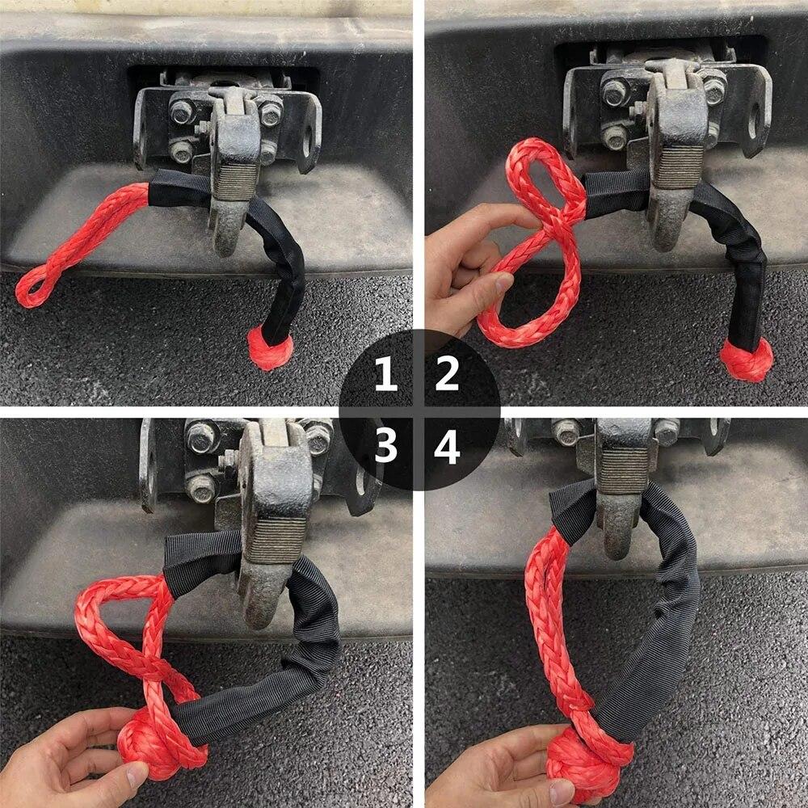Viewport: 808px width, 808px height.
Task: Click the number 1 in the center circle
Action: pos(385,375)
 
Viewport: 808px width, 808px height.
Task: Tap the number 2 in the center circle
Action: pos(447,375)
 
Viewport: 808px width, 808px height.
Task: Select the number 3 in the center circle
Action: pos(386,446)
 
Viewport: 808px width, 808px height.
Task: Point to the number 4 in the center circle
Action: pos(447,446)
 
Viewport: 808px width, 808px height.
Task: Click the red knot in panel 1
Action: pos(270,348)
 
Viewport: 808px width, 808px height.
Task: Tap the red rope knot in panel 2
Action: pos(747,360)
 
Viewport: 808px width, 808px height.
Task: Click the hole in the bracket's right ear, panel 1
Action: pos(308,139)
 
